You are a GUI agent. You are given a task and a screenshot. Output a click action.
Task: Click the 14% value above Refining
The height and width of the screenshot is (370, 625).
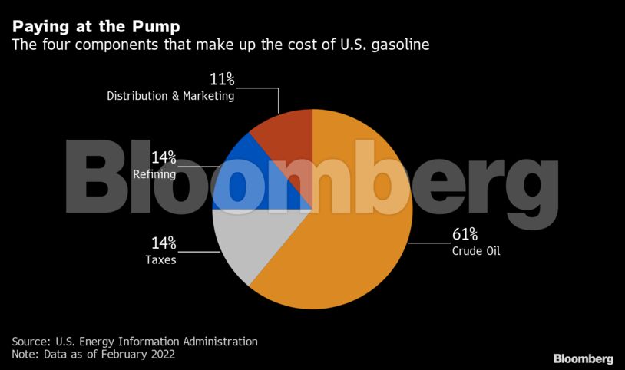pos(164,158)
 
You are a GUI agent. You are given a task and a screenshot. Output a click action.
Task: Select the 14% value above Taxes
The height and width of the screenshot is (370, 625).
pos(164,243)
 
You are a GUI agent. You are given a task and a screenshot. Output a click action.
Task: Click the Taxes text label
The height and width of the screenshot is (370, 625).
pos(160,259)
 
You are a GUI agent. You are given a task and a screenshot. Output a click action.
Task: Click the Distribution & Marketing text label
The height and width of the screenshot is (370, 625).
pos(170,96)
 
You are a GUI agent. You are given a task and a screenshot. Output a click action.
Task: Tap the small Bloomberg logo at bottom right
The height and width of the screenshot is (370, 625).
pos(583,358)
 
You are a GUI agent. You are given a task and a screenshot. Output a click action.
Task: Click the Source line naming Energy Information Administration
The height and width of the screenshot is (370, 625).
pos(134,341)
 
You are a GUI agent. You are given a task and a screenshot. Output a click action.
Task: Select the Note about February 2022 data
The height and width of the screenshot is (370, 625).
pos(93,355)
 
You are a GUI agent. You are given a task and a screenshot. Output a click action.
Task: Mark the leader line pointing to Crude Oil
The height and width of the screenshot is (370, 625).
pos(430,243)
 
